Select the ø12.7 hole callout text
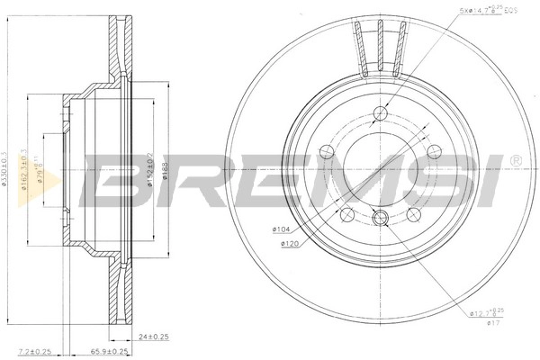point(484,313)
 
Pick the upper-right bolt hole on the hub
point(433,151)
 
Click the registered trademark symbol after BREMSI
point(515,161)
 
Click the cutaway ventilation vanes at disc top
point(381,45)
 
